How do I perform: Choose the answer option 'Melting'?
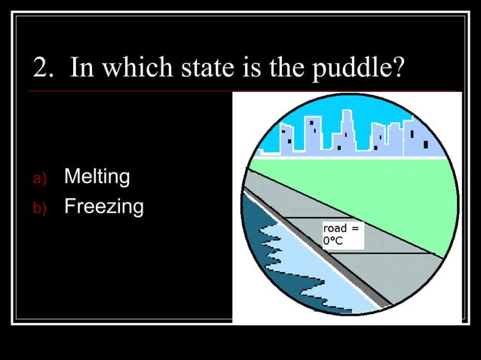pos(97,178)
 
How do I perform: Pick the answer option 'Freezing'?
pos(103,206)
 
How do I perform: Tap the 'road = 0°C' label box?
pos(342,234)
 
